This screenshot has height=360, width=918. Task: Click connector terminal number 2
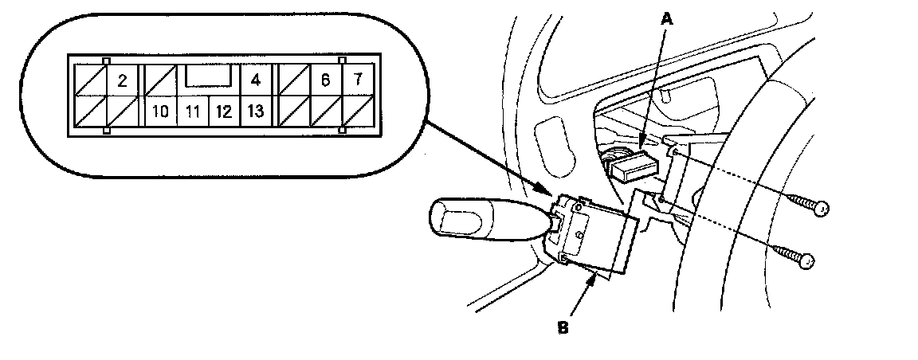tap(122, 80)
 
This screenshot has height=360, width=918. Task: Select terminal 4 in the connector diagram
tap(255, 80)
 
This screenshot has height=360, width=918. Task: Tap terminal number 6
tap(324, 80)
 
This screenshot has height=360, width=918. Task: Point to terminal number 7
tap(358, 80)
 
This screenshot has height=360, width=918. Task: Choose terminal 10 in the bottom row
tap(159, 111)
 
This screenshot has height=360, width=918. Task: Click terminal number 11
tap(191, 111)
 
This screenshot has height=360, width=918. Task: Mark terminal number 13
tap(255, 111)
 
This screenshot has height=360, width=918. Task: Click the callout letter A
tap(667, 17)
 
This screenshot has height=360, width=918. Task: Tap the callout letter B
tap(563, 327)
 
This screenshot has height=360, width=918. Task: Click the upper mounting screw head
tap(823, 209)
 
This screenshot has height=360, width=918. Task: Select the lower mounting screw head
tap(807, 260)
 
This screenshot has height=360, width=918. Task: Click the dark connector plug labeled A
tap(634, 165)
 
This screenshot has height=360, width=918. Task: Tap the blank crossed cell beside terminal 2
tap(89, 80)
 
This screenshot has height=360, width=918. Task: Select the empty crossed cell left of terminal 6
tap(291, 80)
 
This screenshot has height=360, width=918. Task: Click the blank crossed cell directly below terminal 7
tap(358, 111)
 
